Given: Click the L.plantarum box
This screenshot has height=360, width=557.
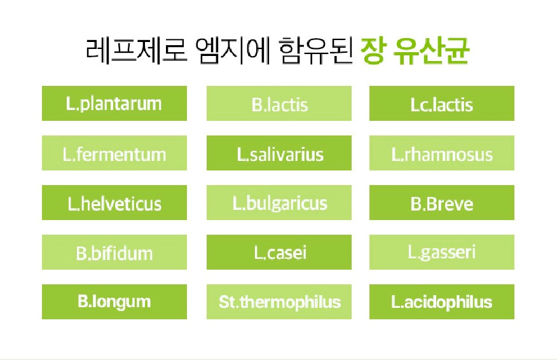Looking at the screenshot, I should click(x=114, y=103).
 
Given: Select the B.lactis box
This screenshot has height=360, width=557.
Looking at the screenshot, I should click(x=279, y=104).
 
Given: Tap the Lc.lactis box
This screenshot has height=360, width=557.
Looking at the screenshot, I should click(x=441, y=104).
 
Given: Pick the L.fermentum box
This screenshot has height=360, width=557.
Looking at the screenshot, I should click(x=114, y=153).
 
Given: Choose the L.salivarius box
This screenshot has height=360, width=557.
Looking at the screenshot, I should click(x=279, y=153).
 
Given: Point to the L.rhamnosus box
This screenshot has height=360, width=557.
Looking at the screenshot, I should click(x=441, y=153).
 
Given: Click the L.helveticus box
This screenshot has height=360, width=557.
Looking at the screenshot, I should click(x=114, y=203).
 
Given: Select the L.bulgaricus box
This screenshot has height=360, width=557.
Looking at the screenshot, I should click(x=279, y=203).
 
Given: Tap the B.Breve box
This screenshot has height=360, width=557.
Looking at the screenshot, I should click(x=441, y=203).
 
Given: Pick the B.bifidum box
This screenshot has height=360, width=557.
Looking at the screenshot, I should click(x=114, y=253).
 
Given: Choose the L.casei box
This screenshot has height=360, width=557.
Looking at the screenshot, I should click(x=279, y=253).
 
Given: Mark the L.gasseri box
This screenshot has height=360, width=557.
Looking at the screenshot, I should click(x=441, y=253).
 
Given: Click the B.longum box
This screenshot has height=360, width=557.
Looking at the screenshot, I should click(x=114, y=301).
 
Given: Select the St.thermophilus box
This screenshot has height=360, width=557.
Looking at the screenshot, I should click(x=279, y=301).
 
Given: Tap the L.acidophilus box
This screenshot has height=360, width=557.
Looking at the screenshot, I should click(x=441, y=301).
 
